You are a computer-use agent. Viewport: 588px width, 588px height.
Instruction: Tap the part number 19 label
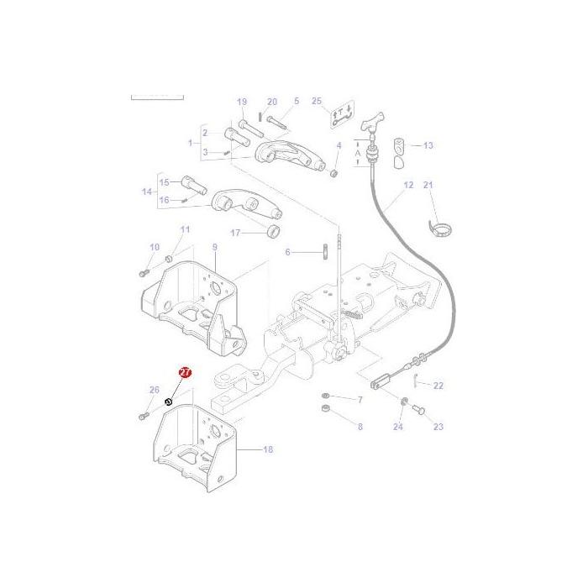coord(242,102)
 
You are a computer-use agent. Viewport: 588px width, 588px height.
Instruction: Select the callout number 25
coord(317,102)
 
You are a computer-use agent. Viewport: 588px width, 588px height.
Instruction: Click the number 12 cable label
coord(409,185)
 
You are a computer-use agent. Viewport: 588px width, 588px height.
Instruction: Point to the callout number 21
coord(428,185)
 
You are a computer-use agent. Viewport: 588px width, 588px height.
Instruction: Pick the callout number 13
coord(428,145)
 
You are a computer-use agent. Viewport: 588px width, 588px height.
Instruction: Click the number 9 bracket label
coord(214,247)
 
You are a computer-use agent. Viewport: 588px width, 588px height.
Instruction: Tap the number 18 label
coord(268,450)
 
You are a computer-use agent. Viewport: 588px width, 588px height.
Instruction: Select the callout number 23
coord(438,427)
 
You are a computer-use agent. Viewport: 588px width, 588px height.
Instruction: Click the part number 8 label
coord(360,427)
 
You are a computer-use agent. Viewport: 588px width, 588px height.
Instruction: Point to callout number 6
coord(287,252)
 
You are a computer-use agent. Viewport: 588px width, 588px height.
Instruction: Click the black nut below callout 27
coord(169,402)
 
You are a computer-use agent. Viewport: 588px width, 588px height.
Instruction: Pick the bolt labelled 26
coord(143,415)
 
